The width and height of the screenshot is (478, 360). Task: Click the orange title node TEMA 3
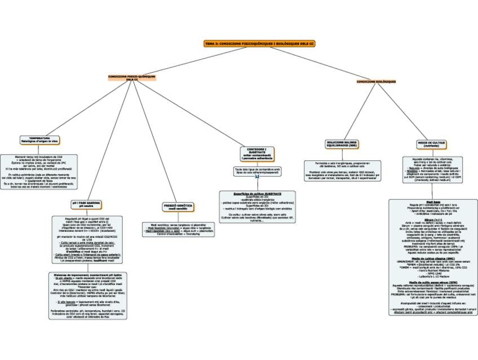pos(260,43)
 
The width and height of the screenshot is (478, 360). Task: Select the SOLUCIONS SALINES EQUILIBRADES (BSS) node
pos(342,144)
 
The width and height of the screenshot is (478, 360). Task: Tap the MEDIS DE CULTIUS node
pos(432,144)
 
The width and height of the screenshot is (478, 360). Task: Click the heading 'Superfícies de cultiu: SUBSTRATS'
pos(257,193)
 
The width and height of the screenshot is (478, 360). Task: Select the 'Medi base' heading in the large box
pos(433,201)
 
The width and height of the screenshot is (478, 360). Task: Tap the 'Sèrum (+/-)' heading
pos(433,218)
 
